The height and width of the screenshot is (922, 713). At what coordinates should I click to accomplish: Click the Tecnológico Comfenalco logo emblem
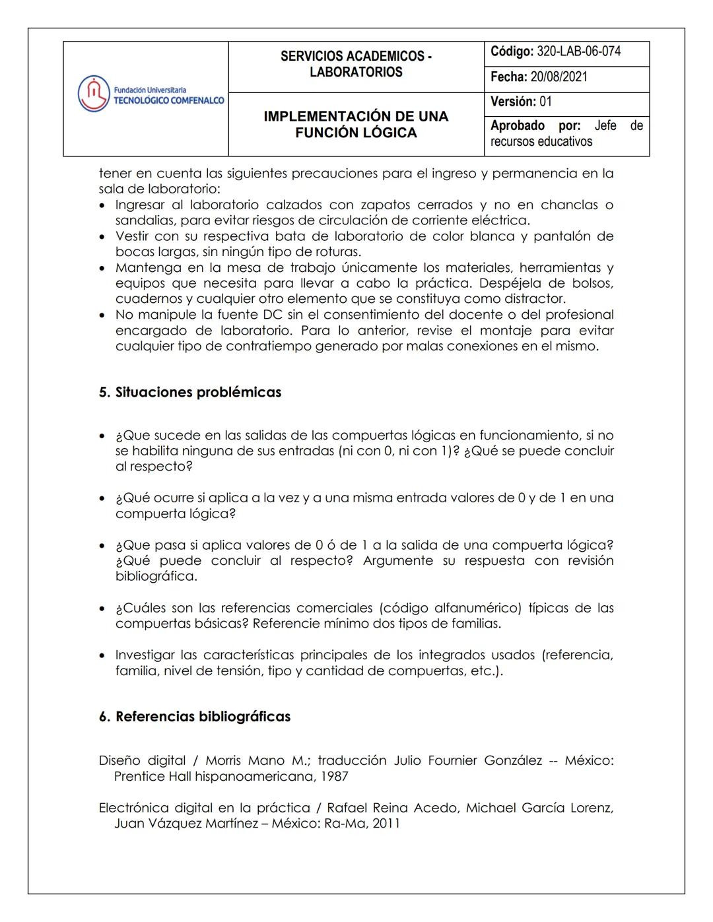click(x=93, y=94)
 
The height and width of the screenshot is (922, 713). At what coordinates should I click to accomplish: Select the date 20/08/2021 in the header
click(x=559, y=77)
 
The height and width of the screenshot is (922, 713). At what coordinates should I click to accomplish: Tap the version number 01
click(x=545, y=102)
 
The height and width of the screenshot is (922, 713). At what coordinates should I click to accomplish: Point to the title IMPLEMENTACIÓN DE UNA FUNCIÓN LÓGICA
click(x=356, y=124)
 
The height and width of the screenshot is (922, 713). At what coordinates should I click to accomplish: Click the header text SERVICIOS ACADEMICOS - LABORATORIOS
click(x=356, y=64)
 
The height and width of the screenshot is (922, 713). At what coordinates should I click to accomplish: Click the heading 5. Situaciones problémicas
click(x=190, y=392)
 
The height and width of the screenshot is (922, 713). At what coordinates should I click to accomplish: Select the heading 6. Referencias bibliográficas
click(x=195, y=717)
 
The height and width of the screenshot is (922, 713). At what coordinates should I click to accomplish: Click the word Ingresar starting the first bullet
click(x=140, y=205)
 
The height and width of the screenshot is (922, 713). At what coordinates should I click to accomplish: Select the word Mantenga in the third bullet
click(x=149, y=268)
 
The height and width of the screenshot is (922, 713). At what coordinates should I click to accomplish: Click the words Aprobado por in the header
click(x=535, y=125)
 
